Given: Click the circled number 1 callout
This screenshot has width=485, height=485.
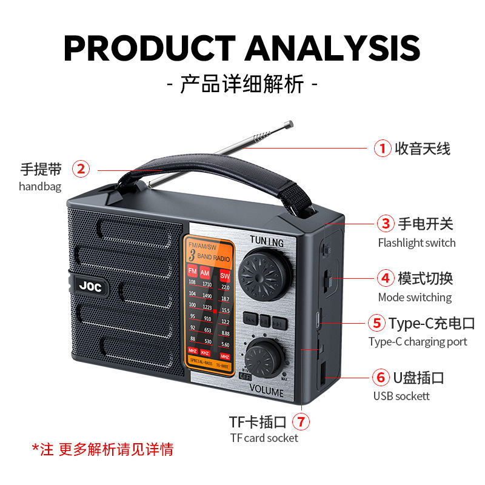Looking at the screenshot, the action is (x=382, y=148).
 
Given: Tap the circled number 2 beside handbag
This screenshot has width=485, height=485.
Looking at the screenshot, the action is (x=81, y=169).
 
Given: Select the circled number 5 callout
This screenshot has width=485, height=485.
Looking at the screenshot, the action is (x=377, y=323).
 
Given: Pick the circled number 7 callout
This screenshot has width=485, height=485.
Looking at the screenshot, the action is (x=301, y=421).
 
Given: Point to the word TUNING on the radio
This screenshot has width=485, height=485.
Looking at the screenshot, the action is (x=267, y=241).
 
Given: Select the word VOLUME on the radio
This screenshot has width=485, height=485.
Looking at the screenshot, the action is (x=266, y=392).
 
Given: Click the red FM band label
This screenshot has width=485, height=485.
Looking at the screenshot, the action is (x=192, y=271).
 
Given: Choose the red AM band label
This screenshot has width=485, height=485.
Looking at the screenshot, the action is (x=206, y=271).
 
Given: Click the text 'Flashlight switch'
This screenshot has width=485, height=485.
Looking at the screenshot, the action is (x=416, y=242).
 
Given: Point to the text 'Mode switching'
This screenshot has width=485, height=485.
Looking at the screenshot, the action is (x=415, y=297).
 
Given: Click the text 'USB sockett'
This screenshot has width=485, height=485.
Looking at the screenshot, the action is (x=401, y=396).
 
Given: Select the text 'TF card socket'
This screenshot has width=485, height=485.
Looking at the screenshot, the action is (x=264, y=438).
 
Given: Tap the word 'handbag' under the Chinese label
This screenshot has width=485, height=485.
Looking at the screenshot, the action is (x=40, y=187).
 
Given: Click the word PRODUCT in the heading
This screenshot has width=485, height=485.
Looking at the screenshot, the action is (x=149, y=48).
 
